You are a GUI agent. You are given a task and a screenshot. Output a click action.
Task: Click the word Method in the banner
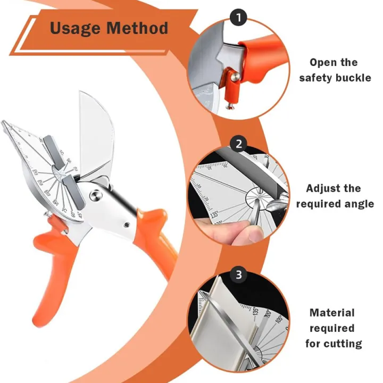coord(138,28)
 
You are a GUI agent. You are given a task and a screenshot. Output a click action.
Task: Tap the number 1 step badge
coord(238,18)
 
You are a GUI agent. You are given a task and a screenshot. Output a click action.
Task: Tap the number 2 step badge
coord(239,144)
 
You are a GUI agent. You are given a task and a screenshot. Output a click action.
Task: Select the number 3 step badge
coord(239,274)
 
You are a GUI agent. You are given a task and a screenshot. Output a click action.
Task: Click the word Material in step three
coord(332,313)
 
